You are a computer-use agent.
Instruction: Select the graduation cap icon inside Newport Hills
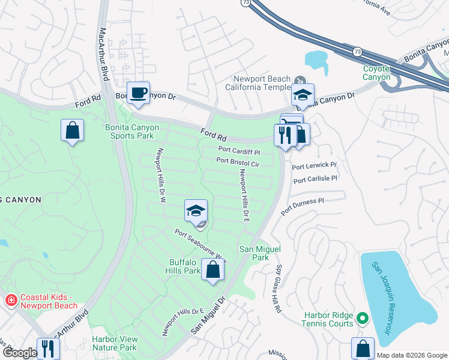click(x=196, y=211)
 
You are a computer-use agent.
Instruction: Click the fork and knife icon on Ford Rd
click(x=284, y=134)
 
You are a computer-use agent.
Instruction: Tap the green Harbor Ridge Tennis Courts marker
click(x=362, y=317)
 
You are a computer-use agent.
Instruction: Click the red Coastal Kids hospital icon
click(x=10, y=301)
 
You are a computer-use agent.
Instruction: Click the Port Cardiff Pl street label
click(x=238, y=150)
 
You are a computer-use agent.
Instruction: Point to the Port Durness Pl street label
click(x=303, y=205)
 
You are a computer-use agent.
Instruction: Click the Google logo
click(x=20, y=353)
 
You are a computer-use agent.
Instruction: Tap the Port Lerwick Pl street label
click(x=315, y=165)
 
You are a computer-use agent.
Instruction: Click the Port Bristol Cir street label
click(x=238, y=162)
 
